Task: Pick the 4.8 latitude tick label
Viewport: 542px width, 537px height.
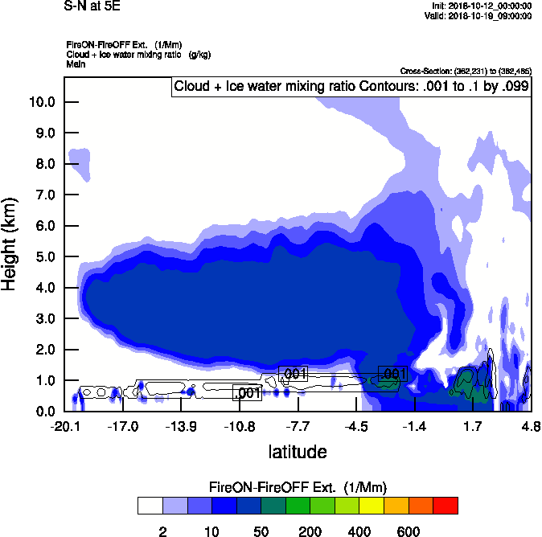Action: point(528,425)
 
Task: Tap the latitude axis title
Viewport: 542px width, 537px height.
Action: point(298,451)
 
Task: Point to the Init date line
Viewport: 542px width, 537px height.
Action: point(480,6)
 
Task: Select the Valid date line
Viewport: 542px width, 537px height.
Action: point(478,15)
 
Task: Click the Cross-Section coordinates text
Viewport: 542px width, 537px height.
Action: point(466,72)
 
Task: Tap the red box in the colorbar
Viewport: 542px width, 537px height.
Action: point(446,505)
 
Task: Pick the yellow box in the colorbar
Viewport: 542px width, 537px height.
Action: point(372,505)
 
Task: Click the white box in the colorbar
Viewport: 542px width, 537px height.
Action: point(150,505)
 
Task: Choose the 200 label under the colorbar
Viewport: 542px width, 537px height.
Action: point(310,531)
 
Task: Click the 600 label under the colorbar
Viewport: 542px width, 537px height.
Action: point(409,531)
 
